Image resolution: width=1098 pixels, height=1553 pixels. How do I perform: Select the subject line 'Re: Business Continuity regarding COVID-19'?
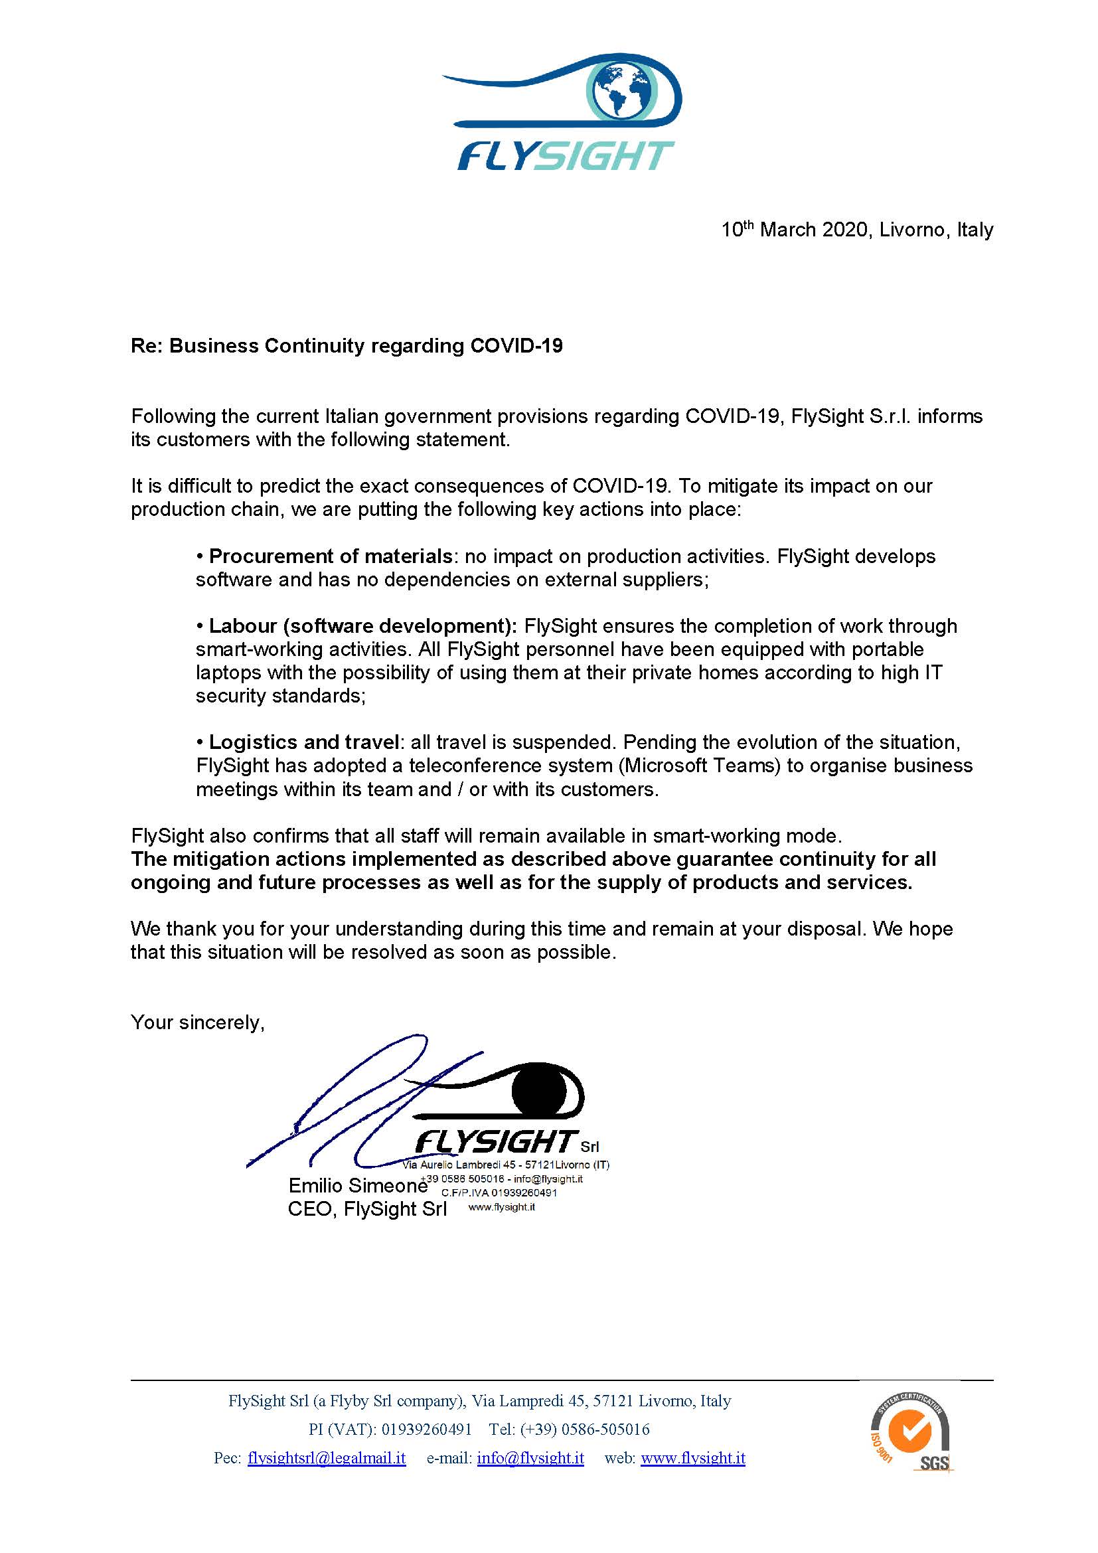click(x=346, y=346)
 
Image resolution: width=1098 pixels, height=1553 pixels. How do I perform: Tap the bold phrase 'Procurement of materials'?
click(x=330, y=556)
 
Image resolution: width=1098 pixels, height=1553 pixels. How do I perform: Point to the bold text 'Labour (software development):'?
click(x=362, y=625)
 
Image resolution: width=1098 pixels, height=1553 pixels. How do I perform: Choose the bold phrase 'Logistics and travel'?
click(x=303, y=742)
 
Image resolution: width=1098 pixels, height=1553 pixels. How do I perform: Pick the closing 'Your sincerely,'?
click(x=197, y=1022)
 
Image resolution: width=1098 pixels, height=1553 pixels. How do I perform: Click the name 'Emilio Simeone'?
click(x=358, y=1185)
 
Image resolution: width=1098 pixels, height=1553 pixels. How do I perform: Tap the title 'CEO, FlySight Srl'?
click(x=367, y=1208)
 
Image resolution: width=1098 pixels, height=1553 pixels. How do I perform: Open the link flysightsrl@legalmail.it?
click(x=327, y=1458)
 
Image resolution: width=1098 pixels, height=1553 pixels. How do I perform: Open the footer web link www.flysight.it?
click(x=693, y=1458)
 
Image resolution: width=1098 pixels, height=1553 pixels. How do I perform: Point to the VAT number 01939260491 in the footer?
click(x=427, y=1430)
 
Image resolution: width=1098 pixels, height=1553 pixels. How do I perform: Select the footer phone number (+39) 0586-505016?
click(x=585, y=1430)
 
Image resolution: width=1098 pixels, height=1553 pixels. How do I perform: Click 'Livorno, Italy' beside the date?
click(x=937, y=230)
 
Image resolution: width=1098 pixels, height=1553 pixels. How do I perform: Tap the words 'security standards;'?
click(x=281, y=695)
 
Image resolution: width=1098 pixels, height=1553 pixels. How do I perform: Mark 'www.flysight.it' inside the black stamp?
click(x=502, y=1206)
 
